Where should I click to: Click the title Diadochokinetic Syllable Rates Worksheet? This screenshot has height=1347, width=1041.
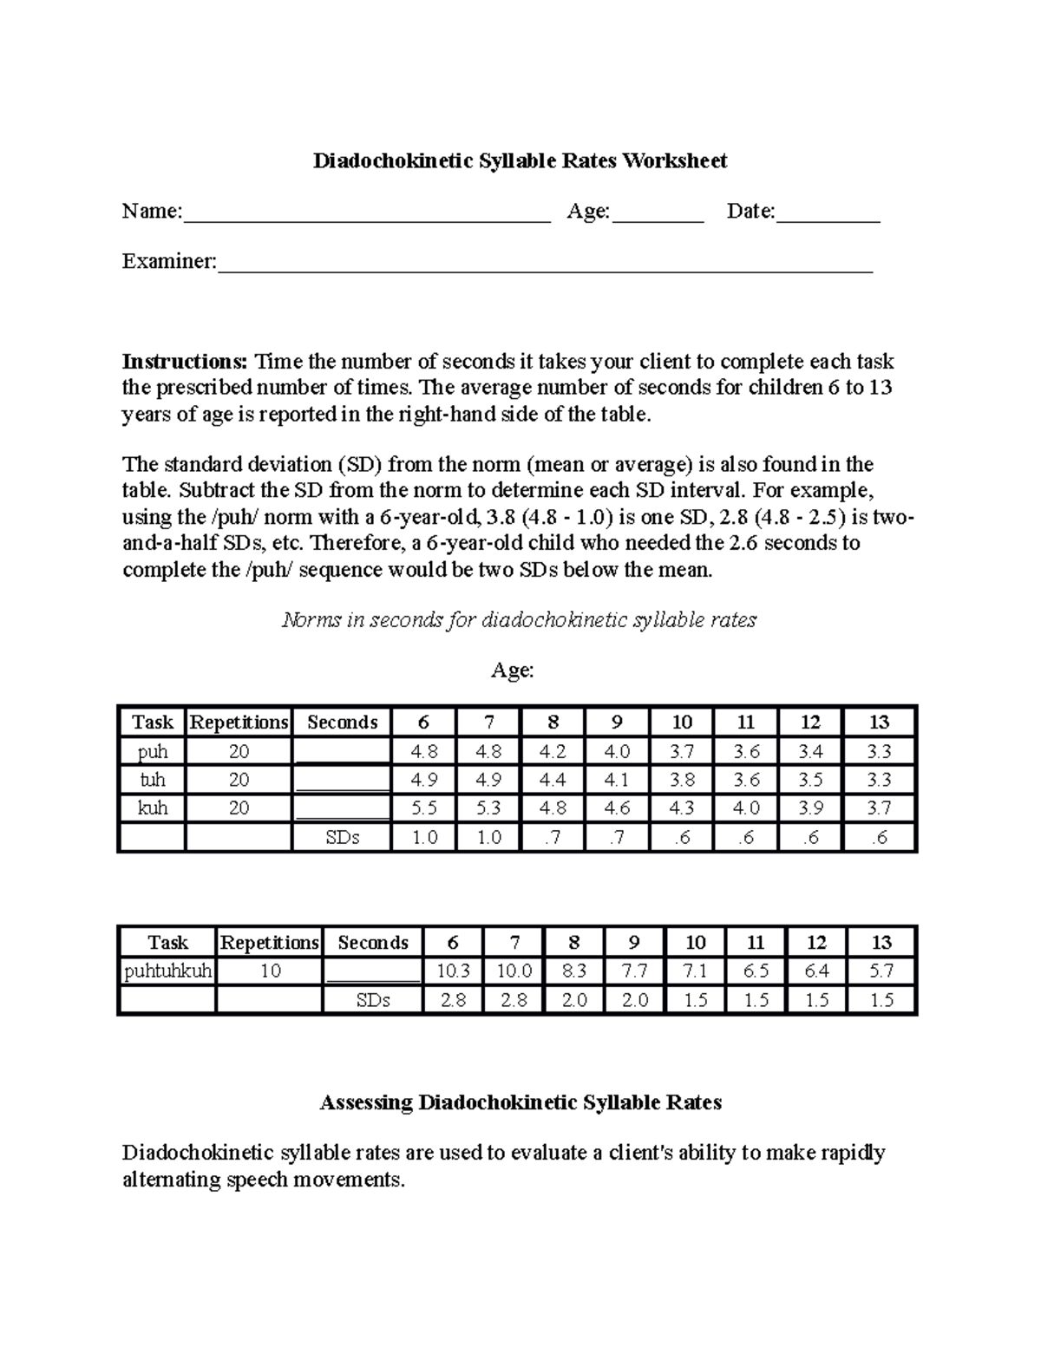520,160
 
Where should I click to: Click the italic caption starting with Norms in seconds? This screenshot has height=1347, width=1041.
520,620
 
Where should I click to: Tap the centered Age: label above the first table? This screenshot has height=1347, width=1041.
513,670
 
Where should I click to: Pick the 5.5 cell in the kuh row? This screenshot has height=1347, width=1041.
424,808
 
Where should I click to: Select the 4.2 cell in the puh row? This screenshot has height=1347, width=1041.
553,751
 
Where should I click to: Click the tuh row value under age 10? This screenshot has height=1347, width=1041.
682,780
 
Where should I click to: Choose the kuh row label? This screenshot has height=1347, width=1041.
153,808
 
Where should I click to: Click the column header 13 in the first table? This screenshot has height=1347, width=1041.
879,723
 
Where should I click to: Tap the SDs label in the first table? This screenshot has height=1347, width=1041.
342,838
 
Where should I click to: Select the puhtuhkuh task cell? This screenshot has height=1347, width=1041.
167,971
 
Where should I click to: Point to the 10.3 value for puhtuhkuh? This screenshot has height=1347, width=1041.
454,971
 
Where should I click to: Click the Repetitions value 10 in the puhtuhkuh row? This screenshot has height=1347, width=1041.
270,971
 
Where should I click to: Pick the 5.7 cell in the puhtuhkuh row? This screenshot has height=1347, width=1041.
881,971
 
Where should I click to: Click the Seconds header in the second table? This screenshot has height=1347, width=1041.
373,943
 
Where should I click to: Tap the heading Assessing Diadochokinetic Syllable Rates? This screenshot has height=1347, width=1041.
520,1102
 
